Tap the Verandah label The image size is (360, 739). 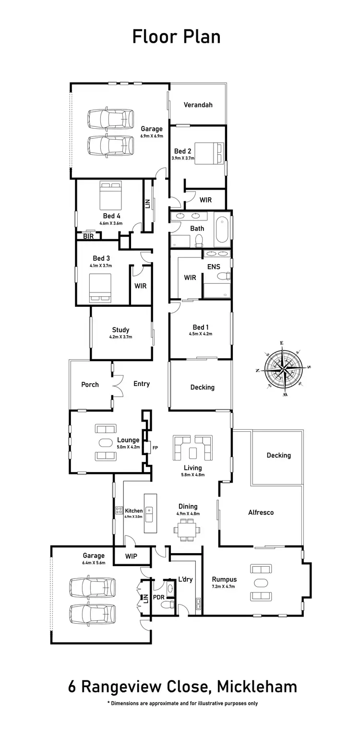pos(198,105)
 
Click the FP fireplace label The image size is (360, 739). pos(155,448)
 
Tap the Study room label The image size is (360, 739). pos(120,330)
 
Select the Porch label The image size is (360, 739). pos(90,385)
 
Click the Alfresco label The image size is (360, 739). pos(261,512)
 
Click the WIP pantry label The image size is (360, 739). pos(131,556)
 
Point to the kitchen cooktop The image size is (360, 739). pos(118,511)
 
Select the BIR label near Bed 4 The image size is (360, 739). pos(88,236)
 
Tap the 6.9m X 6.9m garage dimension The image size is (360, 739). pos(152,136)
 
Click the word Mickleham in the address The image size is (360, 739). pos(257,687)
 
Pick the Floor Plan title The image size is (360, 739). pos(176,36)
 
